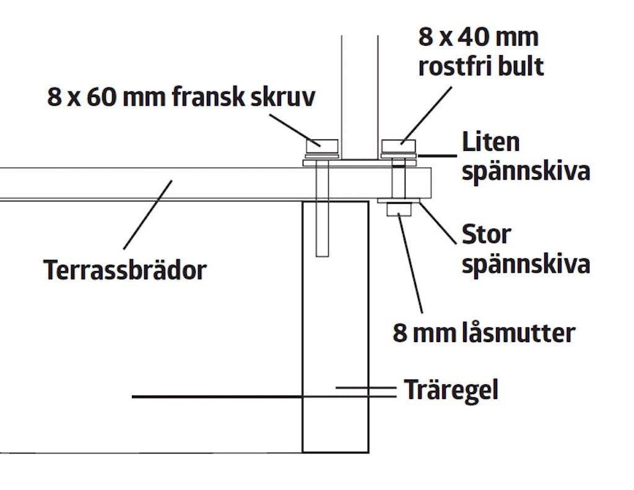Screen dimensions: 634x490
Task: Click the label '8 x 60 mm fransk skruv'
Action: pyautogui.click(x=181, y=97)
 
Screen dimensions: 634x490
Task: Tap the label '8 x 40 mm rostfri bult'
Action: pyautogui.click(x=480, y=52)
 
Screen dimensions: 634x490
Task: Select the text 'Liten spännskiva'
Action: pyautogui.click(x=526, y=156)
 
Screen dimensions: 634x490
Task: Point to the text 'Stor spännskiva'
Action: pyautogui.click(x=526, y=249)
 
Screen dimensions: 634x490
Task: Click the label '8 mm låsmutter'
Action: pyautogui.click(x=484, y=333)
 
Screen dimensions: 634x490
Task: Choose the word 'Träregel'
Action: pyautogui.click(x=451, y=390)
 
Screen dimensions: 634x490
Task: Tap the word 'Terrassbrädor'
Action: pyautogui.click(x=125, y=270)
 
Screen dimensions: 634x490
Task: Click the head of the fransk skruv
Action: pyautogui.click(x=322, y=146)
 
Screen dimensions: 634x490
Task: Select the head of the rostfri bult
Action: pyautogui.click(x=399, y=146)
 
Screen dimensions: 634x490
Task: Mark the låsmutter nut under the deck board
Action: pyautogui.click(x=399, y=210)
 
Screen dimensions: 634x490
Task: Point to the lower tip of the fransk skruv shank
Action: pyautogui.click(x=322, y=256)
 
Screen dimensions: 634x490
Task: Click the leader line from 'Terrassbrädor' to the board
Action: pyautogui.click(x=147, y=215)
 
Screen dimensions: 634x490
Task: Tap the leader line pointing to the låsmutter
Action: pyautogui.click(x=410, y=263)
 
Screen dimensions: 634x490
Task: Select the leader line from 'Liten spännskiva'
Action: pyautogui.click(x=438, y=155)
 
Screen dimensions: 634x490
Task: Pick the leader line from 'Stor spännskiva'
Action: pyautogui.click(x=438, y=223)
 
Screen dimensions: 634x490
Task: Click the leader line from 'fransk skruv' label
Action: pyautogui.click(x=295, y=130)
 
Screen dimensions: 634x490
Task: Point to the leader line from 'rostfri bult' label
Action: pyautogui.click(x=426, y=115)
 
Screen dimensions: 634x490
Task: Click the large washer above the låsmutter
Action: pyautogui.click(x=399, y=201)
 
